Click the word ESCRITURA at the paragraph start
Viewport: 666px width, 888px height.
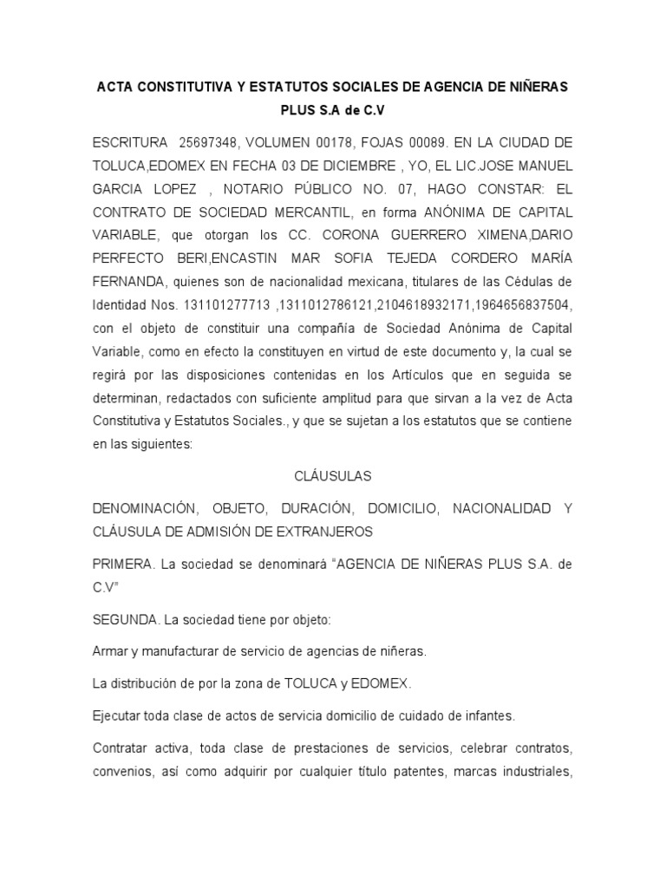[x=128, y=142]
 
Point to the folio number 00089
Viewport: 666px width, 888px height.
[x=423, y=142]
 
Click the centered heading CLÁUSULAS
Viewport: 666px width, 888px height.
[x=333, y=476]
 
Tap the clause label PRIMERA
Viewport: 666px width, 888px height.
[x=123, y=564]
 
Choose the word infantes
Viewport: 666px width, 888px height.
[x=491, y=715]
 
